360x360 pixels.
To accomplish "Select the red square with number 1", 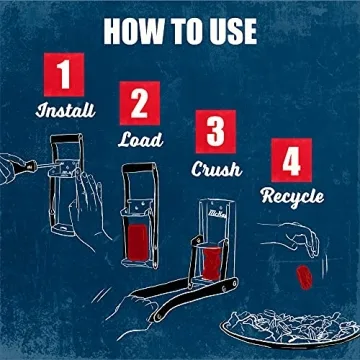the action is [x=64, y=74].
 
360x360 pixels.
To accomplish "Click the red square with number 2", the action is [x=140, y=103].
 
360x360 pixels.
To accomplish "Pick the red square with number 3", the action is [x=216, y=132].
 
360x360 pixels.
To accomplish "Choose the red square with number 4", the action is [x=292, y=160].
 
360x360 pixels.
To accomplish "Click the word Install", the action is [x=65, y=110].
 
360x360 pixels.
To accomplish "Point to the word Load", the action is [x=140, y=139].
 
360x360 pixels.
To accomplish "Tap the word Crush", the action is [x=217, y=169].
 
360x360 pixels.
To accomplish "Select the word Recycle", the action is [x=292, y=197].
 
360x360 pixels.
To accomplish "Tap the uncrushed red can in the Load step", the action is [x=138, y=242].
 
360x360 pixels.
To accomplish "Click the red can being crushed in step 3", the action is [x=211, y=263].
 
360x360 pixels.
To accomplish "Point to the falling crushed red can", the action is [x=304, y=277].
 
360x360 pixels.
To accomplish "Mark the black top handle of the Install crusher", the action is [x=67, y=138].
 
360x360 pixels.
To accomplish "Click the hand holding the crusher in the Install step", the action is [x=87, y=207].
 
